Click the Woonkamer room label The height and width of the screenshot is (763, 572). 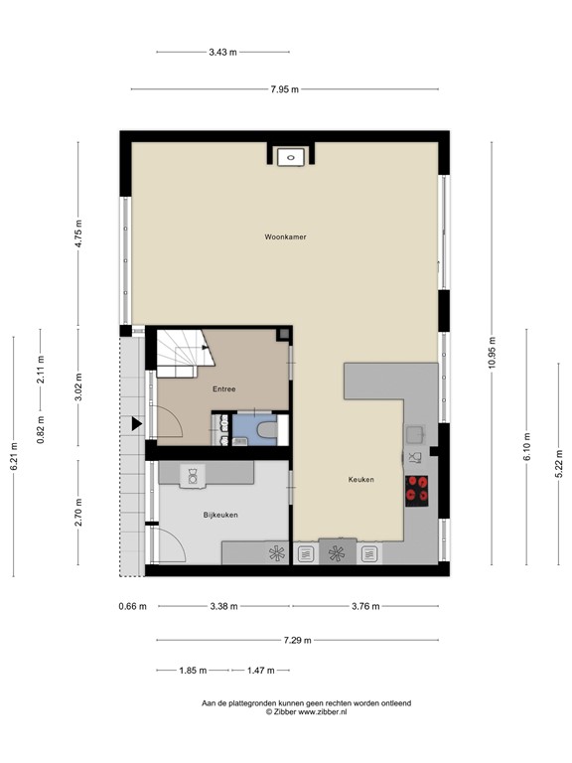pyautogui.click(x=284, y=237)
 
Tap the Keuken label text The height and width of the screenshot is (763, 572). pyautogui.click(x=360, y=480)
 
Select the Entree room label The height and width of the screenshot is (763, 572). pyautogui.click(x=223, y=388)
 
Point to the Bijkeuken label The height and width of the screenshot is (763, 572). pyautogui.click(x=219, y=515)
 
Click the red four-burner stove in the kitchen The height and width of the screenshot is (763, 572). pyautogui.click(x=418, y=488)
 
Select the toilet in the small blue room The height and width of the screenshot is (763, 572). pyautogui.click(x=265, y=429)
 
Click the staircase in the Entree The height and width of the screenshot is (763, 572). pyautogui.click(x=180, y=354)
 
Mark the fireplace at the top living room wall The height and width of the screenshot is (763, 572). pyautogui.click(x=291, y=154)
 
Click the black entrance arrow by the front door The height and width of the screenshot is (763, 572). pyautogui.click(x=136, y=424)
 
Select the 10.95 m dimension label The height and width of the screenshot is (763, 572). pyautogui.click(x=491, y=354)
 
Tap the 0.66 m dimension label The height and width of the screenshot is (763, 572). pyautogui.click(x=132, y=606)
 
